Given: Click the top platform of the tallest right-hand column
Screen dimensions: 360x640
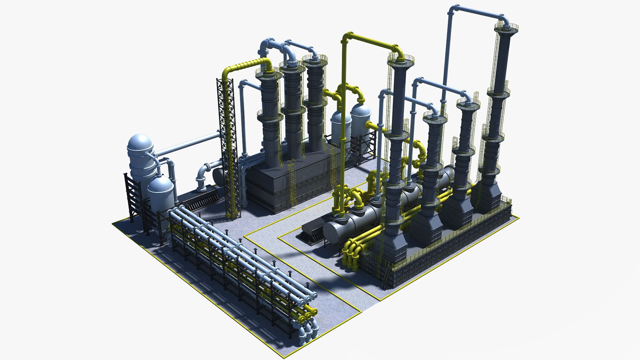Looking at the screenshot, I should [x=506, y=27].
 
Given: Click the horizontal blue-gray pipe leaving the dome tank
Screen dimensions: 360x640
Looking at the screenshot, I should [x=187, y=143].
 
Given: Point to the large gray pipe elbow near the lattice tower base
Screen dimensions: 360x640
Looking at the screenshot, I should [x=202, y=177].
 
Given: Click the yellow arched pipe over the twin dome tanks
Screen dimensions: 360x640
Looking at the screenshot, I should [x=350, y=90].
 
